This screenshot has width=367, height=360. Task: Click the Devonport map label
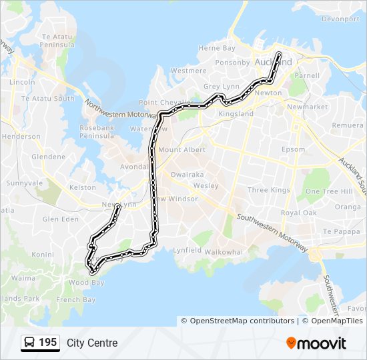tap(340, 19)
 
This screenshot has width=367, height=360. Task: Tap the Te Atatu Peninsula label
tap(57, 40)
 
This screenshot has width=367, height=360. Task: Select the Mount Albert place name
tap(181, 149)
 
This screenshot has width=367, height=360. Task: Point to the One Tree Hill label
tap(328, 191)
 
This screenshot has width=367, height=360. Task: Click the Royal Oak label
tap(298, 213)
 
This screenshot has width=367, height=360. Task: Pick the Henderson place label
tap(21, 136)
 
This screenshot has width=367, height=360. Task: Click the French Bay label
tap(76, 300)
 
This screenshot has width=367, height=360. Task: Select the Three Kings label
tap(268, 190)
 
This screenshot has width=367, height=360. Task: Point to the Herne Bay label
tap(217, 48)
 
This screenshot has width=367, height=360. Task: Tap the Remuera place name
tap(350, 125)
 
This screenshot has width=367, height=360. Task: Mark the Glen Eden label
tap(60, 219)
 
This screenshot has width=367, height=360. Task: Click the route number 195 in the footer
tap(47, 343)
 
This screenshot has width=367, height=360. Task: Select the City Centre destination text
tap(92, 343)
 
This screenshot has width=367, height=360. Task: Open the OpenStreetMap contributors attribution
tap(242, 321)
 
